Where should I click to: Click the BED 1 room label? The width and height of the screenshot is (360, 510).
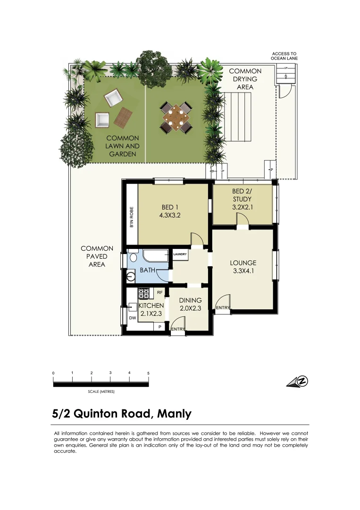[x=170, y=212]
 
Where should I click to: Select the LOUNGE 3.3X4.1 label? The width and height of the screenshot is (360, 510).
[x=243, y=267]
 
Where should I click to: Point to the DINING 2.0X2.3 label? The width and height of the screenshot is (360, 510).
[x=190, y=304]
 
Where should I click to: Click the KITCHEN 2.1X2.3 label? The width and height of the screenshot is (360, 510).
[x=151, y=309]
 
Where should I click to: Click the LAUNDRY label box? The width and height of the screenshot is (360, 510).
[x=180, y=255]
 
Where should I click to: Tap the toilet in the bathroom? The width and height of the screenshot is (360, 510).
[x=134, y=257]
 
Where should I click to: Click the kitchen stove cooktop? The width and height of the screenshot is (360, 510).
[x=143, y=294]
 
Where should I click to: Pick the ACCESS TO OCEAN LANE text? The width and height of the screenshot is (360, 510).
[x=284, y=56]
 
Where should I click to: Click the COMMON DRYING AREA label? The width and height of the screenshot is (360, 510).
[x=245, y=79]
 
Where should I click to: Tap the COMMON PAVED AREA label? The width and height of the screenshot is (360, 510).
[x=97, y=256]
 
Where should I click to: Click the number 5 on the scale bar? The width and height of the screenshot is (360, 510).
[x=148, y=373]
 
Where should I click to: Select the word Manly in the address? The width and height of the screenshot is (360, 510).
[x=174, y=414]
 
